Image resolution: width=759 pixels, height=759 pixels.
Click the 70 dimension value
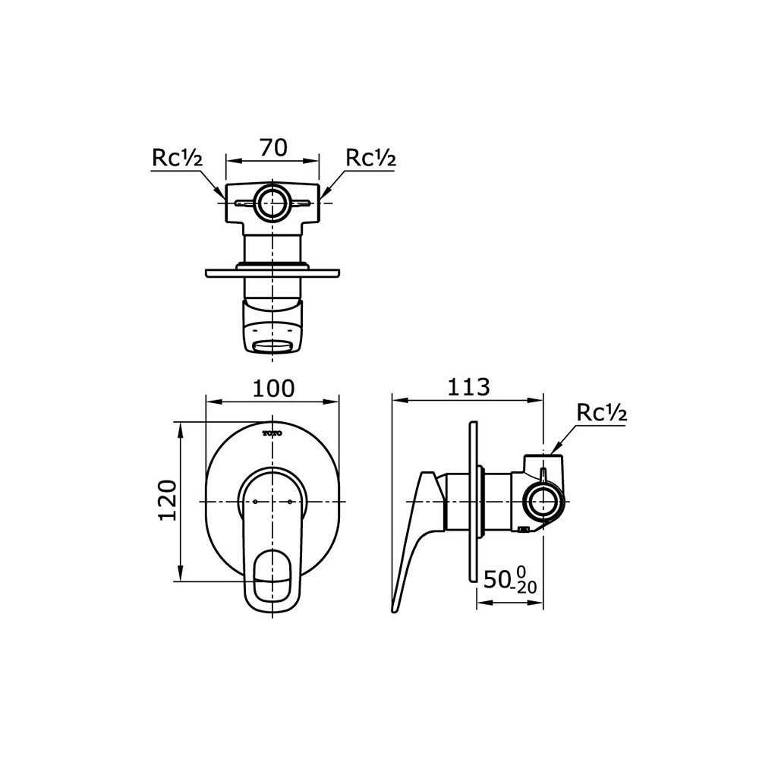click(273, 148)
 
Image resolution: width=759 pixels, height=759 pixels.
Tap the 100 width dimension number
click(273, 388)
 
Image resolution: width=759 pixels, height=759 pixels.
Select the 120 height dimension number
click(167, 500)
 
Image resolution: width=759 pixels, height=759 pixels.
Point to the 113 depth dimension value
click(468, 387)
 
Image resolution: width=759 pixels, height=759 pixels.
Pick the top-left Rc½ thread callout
click(177, 158)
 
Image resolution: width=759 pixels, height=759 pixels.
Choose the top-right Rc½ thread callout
click(371, 158)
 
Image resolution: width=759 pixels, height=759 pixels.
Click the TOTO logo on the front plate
click(272, 433)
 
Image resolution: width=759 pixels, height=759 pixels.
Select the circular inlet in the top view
click(272, 203)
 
